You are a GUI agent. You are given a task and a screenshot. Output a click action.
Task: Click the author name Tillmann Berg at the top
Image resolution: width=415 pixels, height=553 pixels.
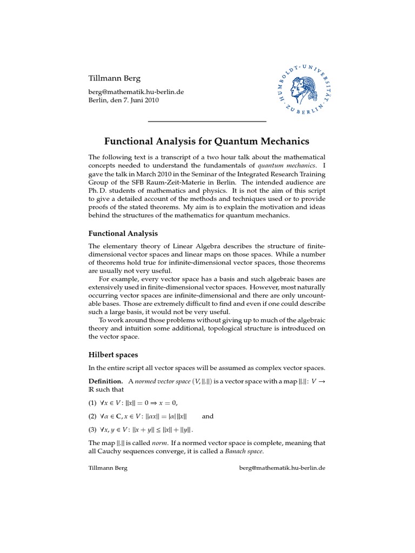[x=115, y=78]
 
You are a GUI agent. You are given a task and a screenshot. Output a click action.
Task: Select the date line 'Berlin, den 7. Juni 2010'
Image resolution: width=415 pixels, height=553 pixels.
[x=124, y=100]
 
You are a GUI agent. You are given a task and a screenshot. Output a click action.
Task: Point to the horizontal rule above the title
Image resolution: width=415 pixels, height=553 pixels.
[x=207, y=122]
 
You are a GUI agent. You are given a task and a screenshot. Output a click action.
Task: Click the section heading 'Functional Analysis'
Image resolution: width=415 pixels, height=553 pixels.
[x=123, y=233]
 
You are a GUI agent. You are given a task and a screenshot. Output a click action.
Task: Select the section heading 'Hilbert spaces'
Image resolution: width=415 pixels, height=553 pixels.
[x=113, y=355]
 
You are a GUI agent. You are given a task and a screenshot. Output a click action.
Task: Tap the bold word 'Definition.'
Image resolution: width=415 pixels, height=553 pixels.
[x=106, y=381]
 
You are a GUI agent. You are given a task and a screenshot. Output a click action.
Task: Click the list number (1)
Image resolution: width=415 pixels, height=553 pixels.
[x=93, y=402]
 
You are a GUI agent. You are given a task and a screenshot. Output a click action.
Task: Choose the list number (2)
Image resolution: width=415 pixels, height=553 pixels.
[x=93, y=416]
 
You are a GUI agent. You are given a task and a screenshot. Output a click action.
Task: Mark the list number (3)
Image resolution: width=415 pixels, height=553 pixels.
[x=93, y=430]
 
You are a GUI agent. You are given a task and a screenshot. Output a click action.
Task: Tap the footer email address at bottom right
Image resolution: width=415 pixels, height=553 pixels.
[x=282, y=468]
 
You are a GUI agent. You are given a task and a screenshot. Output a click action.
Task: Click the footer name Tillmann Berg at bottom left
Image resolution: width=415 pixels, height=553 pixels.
[x=108, y=468]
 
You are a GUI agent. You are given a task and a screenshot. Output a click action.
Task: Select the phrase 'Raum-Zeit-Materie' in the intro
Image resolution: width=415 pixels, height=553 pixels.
[x=177, y=182]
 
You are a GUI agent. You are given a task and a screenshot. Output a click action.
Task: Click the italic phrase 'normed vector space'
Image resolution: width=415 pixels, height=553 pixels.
[x=162, y=381]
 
